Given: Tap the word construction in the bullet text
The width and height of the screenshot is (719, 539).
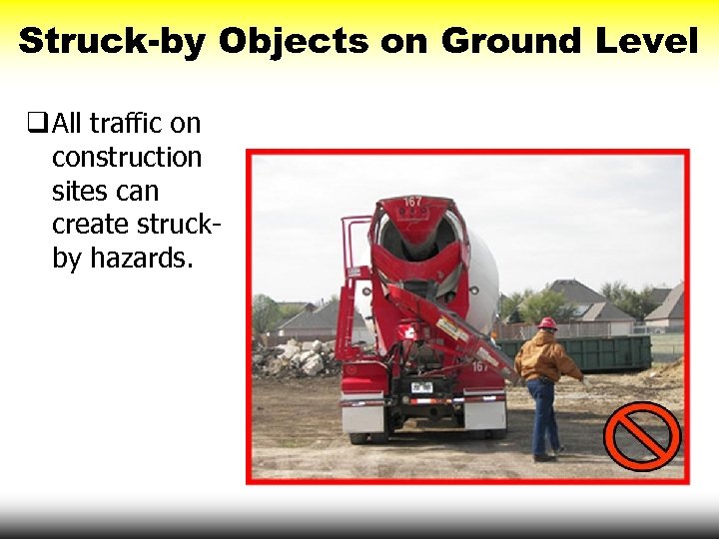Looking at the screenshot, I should pyautogui.click(x=127, y=158).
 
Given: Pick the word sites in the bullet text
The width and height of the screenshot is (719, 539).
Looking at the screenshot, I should pyautogui.click(x=79, y=191).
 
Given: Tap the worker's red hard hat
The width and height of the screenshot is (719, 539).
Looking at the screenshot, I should pyautogui.click(x=546, y=323).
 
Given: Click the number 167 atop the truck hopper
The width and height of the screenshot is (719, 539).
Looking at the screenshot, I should pyautogui.click(x=412, y=203).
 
